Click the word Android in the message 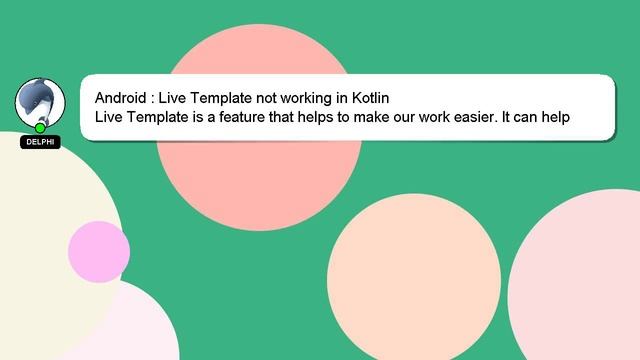(x=121, y=98)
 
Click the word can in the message (x=530, y=117)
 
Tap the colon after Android (x=152, y=99)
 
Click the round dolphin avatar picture (x=40, y=102)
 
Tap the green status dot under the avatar (x=40, y=128)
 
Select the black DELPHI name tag (x=40, y=142)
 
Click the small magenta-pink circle (x=98, y=250)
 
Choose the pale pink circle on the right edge (x=580, y=280)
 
